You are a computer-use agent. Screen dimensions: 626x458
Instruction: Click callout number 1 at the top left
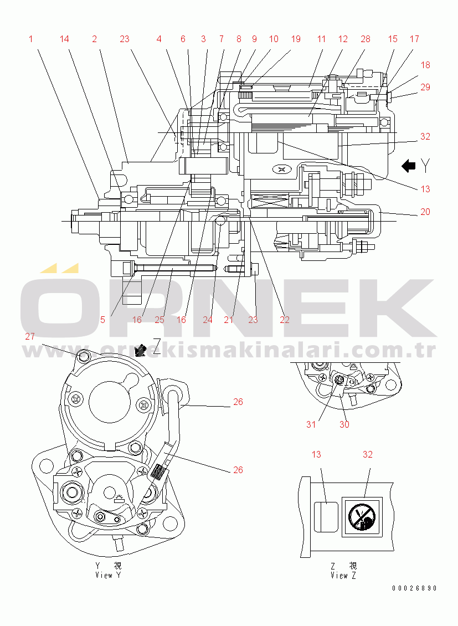31,39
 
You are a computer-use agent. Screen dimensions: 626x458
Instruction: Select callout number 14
65,39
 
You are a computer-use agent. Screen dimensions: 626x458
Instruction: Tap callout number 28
366,39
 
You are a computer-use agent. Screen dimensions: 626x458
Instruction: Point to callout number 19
296,39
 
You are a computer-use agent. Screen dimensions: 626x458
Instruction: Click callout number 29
425,87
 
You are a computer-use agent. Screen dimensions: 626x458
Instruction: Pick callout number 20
425,212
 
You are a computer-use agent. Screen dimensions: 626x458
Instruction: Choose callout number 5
103,319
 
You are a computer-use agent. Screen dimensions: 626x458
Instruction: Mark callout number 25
159,319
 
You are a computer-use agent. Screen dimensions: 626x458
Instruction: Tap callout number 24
208,319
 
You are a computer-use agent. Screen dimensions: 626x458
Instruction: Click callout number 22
285,319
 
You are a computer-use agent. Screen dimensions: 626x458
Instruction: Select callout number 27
30,336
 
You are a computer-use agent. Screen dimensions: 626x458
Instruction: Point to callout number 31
311,424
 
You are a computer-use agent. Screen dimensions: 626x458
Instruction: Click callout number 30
344,424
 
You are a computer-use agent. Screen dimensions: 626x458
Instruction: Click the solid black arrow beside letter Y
409,165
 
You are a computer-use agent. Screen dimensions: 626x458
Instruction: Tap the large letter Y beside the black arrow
426,165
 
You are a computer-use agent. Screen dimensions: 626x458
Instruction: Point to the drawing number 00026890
415,588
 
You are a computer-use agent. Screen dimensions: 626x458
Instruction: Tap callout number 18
425,65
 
